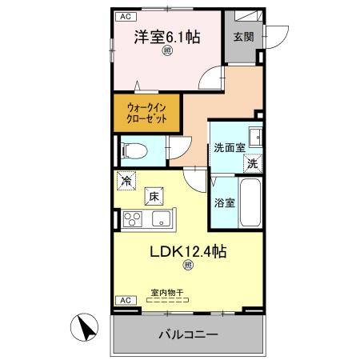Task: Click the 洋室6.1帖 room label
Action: click(166, 37)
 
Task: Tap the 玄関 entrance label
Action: click(242, 37)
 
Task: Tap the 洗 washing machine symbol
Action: click(252, 163)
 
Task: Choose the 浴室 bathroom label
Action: click(224, 202)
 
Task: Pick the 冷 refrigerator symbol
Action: click(125, 180)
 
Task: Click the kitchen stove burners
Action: click(133, 217)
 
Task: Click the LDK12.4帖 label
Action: click(189, 251)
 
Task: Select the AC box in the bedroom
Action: click(124, 16)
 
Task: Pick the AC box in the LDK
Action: click(124, 300)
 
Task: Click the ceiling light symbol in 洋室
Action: click(166, 52)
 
